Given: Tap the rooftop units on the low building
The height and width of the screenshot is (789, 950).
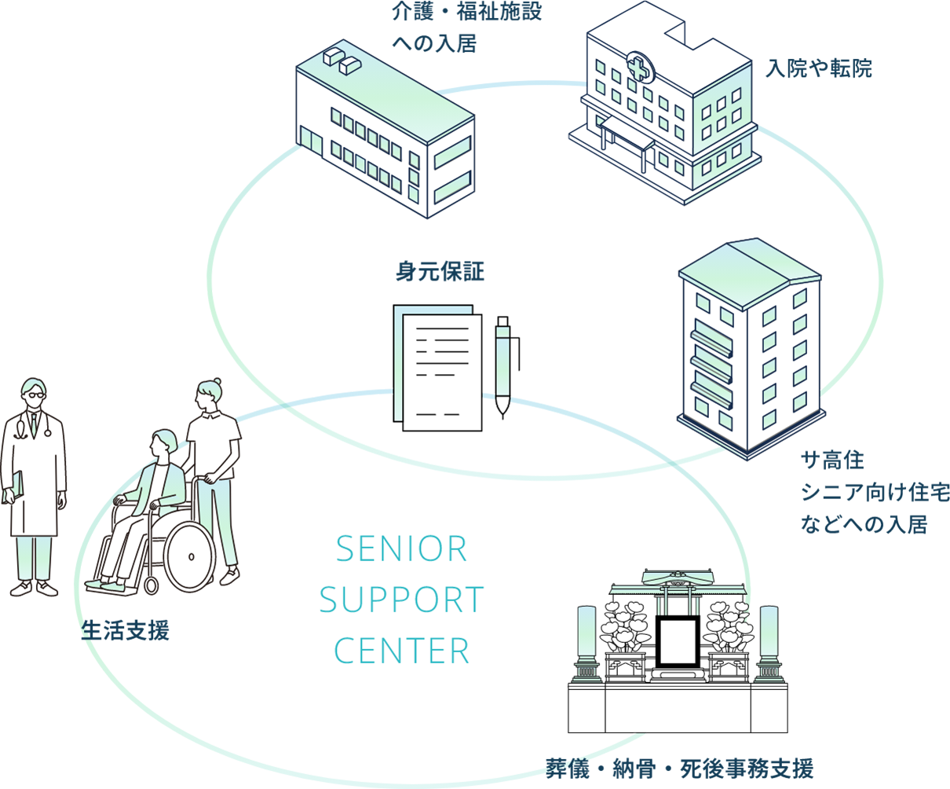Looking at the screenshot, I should click(340, 60).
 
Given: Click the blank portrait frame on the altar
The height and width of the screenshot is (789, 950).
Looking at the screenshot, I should click(677, 640).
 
